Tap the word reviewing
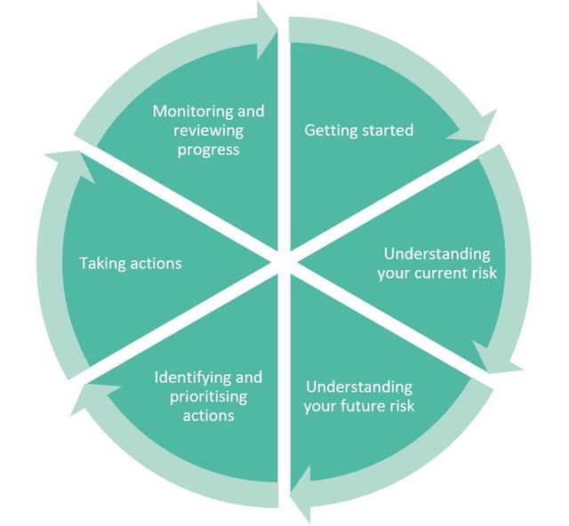209,131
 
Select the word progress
209,150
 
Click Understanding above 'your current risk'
437,254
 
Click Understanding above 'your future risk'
358,387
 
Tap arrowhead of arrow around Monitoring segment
266,19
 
